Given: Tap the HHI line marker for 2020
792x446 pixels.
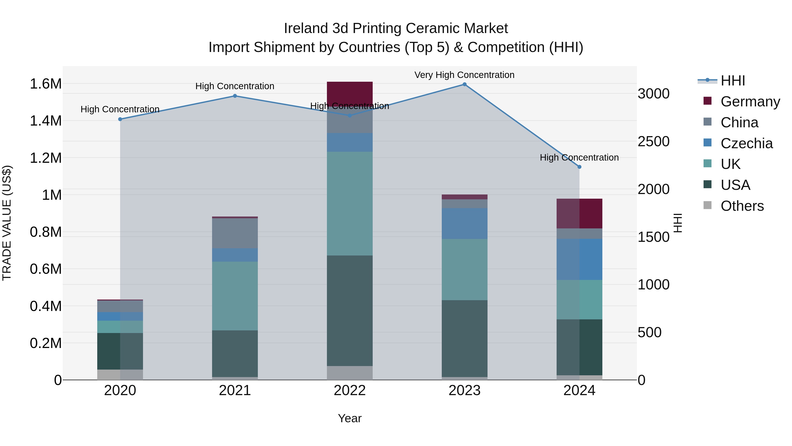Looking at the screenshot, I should [120, 119].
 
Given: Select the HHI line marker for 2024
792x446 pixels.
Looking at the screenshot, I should [579, 167].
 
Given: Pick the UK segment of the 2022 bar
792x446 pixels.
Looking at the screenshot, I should [350, 203].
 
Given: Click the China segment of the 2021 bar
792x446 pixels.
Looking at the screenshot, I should [235, 233].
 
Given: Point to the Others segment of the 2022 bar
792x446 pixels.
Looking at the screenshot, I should [350, 372].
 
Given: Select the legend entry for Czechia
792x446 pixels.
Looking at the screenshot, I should [746, 143].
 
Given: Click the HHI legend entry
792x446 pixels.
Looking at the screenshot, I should [732, 81].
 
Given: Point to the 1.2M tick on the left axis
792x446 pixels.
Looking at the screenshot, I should [46, 158].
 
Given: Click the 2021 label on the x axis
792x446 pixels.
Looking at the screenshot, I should [235, 390].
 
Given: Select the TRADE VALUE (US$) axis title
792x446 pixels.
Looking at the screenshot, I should [7, 223].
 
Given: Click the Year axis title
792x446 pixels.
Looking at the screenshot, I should [350, 418].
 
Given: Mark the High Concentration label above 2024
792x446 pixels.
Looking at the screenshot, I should [579, 157].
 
